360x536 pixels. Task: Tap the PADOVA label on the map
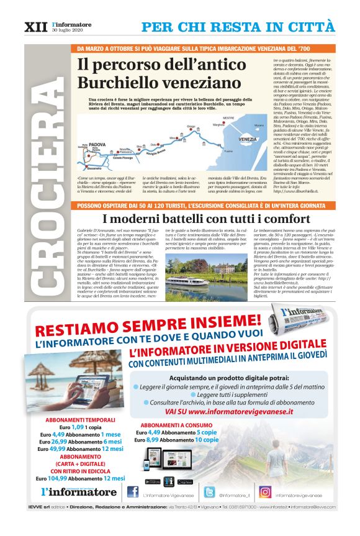point(99,142)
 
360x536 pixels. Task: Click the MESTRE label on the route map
point(228,117)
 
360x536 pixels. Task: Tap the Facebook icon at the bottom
point(132,491)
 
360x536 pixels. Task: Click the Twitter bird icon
point(209,491)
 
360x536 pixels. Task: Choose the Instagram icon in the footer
point(265,491)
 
